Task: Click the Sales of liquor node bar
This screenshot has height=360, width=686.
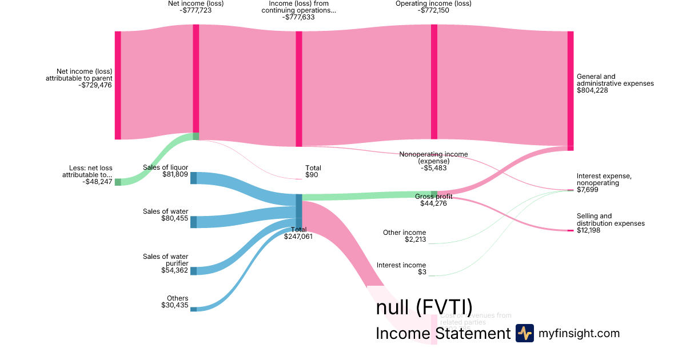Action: [x=193, y=178]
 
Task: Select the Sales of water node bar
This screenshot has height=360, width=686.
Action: [x=193, y=222]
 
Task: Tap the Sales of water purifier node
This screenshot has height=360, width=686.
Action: [x=193, y=270]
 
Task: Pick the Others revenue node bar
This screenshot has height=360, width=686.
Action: [x=193, y=309]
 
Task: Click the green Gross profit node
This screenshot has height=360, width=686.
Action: [x=434, y=194]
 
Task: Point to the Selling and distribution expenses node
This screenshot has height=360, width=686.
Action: [x=570, y=230]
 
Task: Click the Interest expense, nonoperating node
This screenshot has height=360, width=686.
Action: [x=570, y=190]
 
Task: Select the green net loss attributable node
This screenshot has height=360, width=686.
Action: [x=118, y=182]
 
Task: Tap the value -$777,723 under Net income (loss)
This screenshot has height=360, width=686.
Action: [x=196, y=10]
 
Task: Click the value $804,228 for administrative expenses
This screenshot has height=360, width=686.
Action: [x=592, y=90]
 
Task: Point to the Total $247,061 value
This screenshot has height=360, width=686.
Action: [x=298, y=236]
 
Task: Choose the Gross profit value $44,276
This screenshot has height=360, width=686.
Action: [x=434, y=203]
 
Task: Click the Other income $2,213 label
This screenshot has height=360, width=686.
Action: [x=404, y=235]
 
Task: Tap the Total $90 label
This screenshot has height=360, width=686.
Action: [x=313, y=171]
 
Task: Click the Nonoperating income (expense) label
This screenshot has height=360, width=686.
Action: [x=433, y=158]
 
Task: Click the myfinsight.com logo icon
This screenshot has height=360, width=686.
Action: [x=524, y=333]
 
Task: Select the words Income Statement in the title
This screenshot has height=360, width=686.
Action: [x=442, y=334]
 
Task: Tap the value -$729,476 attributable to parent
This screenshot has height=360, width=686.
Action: [x=97, y=85]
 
